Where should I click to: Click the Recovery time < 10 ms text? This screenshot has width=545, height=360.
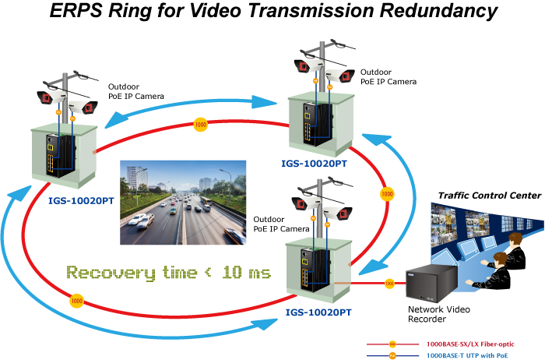(168, 273)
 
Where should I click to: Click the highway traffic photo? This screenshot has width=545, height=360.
(184, 202)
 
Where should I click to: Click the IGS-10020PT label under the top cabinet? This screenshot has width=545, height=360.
(315, 164)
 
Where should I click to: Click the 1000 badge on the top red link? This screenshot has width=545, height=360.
(200, 124)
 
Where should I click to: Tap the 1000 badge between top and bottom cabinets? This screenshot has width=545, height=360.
(385, 193)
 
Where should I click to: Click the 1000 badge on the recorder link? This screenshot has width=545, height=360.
(389, 284)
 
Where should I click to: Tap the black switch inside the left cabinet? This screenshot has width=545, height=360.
(54, 155)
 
